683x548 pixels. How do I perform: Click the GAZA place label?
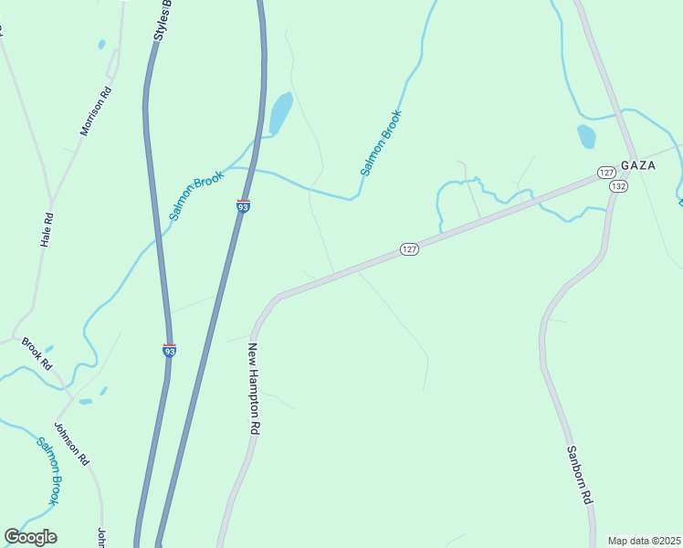coord(638,165)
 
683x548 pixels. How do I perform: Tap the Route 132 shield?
coord(619,186)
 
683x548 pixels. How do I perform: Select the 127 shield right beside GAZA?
coord(606,173)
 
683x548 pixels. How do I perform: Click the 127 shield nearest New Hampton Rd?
coord(409,249)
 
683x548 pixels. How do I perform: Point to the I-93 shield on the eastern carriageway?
coord(243,205)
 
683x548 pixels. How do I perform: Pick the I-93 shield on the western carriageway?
coord(169,349)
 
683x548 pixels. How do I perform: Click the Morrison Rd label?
coord(95,111)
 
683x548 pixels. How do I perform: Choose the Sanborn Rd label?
coord(580,476)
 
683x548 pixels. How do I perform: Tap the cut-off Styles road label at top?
coord(163,22)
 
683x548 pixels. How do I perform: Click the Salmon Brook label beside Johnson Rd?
coord(48,471)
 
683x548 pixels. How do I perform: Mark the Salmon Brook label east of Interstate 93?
coord(381,142)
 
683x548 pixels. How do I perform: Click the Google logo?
coord(31,537)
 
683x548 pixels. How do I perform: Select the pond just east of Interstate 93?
coord(280,114)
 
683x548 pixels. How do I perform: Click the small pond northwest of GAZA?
coord(586,136)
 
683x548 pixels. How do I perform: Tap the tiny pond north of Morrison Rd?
coord(101,43)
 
